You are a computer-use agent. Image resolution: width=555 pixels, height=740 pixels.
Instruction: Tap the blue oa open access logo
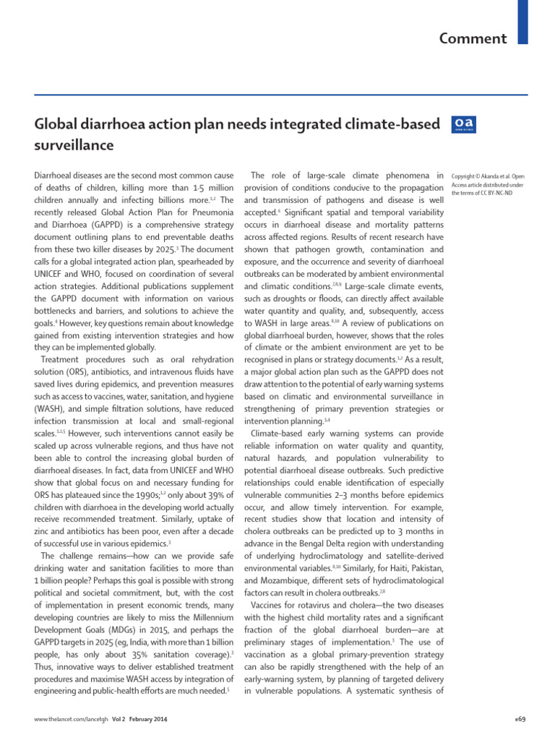(463, 125)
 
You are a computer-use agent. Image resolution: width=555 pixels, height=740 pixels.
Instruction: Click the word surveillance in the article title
(74, 145)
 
